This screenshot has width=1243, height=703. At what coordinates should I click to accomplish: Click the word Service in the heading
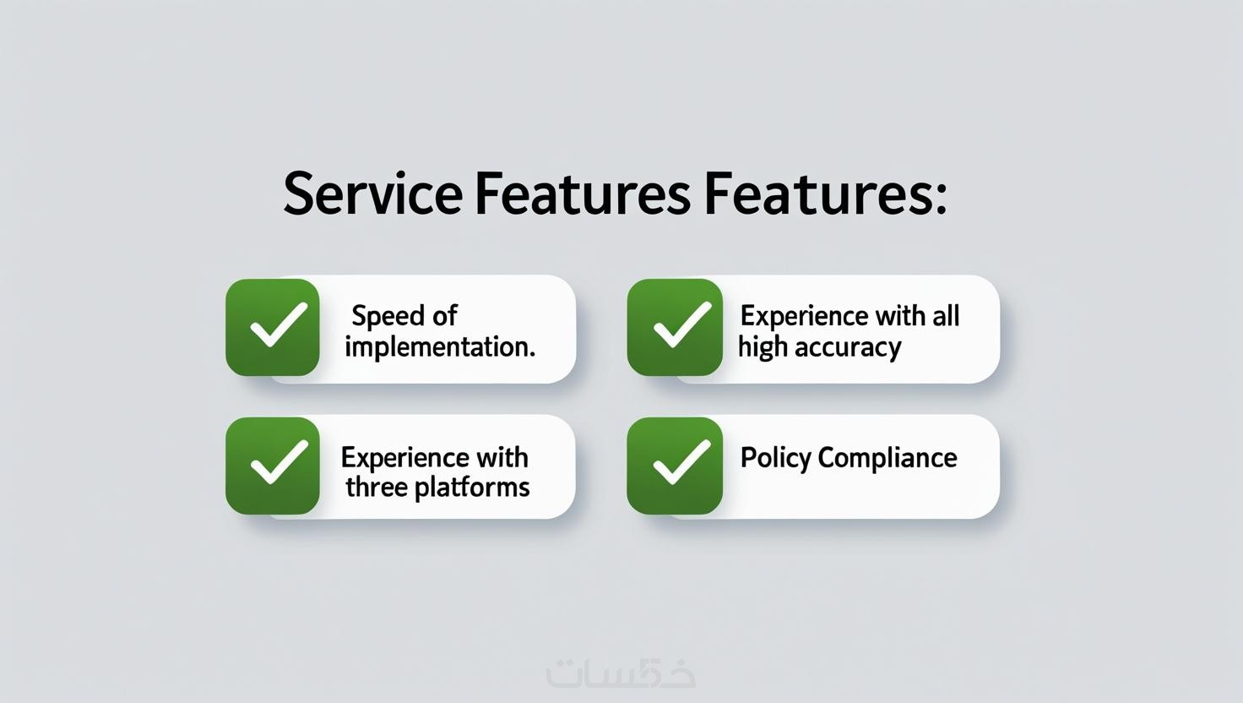click(x=372, y=193)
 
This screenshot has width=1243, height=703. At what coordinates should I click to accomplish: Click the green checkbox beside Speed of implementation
click(x=273, y=327)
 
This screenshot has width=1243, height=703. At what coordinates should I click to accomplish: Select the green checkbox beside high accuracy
click(x=675, y=327)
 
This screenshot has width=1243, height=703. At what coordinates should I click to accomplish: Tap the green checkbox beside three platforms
click(x=273, y=466)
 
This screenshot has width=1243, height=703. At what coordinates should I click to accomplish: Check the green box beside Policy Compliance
click(x=675, y=466)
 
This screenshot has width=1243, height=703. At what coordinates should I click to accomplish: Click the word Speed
click(x=388, y=317)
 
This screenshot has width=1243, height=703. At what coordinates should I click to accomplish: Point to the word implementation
click(x=437, y=348)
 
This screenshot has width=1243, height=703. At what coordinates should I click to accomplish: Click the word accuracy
click(x=848, y=348)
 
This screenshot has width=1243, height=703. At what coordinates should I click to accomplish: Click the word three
click(x=377, y=487)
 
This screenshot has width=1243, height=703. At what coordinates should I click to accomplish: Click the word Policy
click(x=775, y=459)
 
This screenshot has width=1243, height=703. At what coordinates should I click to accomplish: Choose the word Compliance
click(x=887, y=459)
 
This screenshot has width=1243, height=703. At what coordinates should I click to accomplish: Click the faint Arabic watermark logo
click(x=621, y=673)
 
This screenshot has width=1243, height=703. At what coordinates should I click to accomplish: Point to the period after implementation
click(x=532, y=355)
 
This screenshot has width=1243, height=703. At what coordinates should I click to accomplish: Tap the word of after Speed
click(x=444, y=315)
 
